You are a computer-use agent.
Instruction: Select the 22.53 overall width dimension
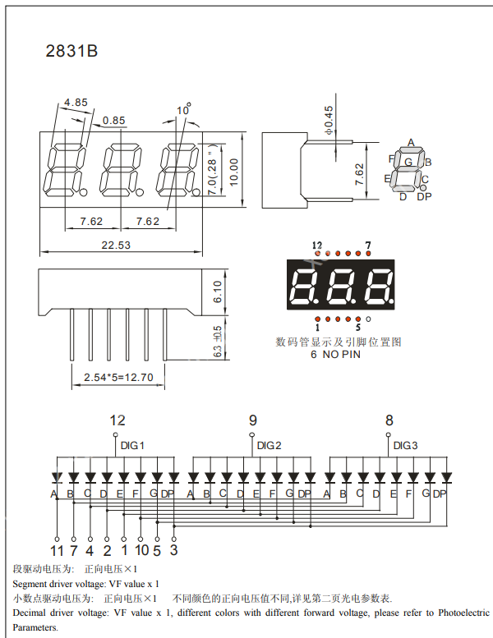[116, 245]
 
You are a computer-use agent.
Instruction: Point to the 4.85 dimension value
[76, 103]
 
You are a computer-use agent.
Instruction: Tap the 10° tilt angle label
[182, 110]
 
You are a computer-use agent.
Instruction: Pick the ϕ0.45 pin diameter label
[329, 120]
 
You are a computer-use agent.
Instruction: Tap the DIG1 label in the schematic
[132, 445]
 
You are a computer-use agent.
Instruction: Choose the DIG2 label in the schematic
[269, 445]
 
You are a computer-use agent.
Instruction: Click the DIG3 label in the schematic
[405, 445]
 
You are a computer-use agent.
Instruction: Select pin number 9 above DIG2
[252, 421]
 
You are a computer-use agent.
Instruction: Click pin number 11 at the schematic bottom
[57, 550]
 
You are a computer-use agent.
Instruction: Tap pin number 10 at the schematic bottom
[141, 550]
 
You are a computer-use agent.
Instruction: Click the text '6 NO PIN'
[335, 355]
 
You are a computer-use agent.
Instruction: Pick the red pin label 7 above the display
[367, 246]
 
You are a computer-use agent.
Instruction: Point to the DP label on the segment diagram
[424, 196]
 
